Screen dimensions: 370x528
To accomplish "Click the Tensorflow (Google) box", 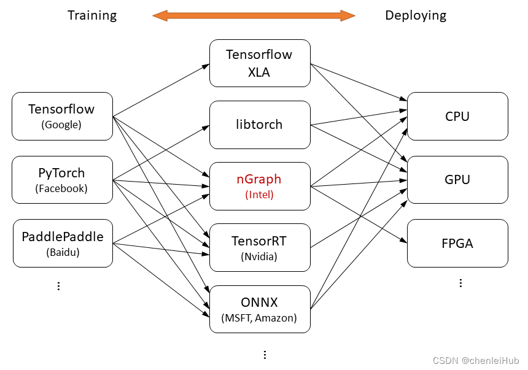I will tap(62, 116).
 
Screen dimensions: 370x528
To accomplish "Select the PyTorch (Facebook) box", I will tap(62, 180).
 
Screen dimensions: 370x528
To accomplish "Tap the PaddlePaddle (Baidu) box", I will tap(63, 243).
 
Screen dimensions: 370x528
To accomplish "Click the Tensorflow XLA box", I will tap(260, 63).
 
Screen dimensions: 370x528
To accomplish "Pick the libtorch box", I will tap(260, 125).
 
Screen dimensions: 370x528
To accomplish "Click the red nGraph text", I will tap(259, 179).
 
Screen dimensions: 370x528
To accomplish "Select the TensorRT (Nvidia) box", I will tap(260, 247).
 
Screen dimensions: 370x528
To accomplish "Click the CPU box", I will tap(457, 116).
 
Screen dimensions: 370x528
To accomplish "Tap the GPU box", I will tap(457, 179).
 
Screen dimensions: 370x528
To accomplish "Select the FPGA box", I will tap(457, 243).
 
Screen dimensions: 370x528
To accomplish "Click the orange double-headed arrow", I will tap(254, 15).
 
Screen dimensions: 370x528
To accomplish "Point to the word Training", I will tap(92, 15).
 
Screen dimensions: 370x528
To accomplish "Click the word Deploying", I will tap(416, 15).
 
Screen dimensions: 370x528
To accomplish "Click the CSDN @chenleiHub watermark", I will tap(476, 361).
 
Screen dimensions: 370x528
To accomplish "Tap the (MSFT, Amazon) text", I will tap(259, 318).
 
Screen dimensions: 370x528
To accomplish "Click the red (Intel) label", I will tap(259, 195).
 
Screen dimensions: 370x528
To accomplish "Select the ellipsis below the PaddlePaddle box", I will tap(58, 286).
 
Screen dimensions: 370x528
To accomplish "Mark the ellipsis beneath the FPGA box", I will tap(460, 283).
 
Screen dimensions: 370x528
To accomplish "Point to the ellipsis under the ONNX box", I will tap(265, 355).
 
